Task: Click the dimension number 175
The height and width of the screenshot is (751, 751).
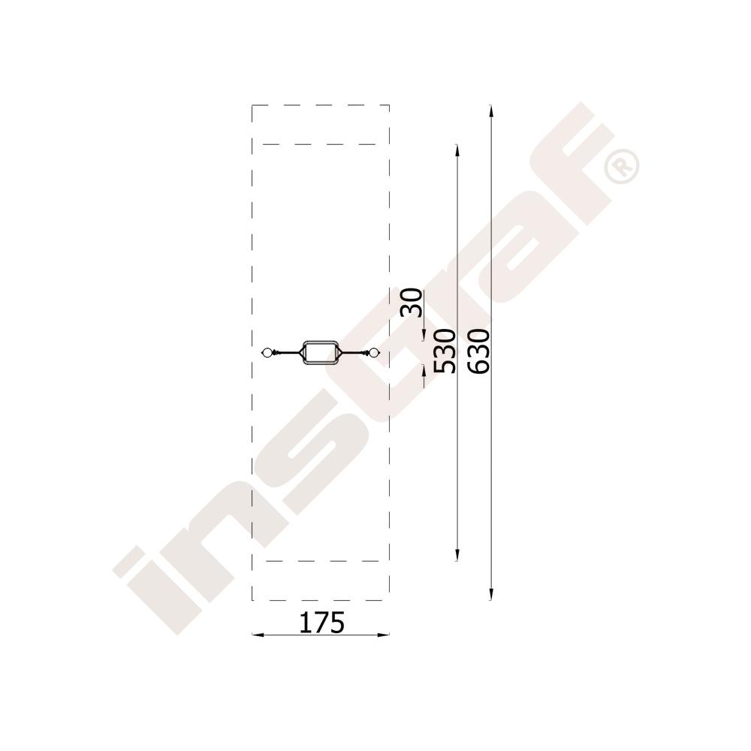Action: coord(321,623)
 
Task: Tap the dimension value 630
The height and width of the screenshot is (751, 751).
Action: coord(478,351)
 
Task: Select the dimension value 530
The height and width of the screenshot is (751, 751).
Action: coord(444,351)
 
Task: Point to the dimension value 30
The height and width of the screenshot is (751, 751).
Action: coord(412,303)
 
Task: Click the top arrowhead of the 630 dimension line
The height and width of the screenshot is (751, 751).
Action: coord(491,110)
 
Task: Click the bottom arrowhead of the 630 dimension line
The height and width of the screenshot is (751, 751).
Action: coord(491,594)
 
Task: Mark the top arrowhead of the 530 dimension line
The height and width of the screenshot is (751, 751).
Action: coord(457,150)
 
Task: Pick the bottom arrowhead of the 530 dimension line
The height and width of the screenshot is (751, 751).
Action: coord(457,555)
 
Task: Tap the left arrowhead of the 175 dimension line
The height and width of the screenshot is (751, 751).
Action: coord(258,635)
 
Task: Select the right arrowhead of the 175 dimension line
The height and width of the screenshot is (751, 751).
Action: coord(383,635)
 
